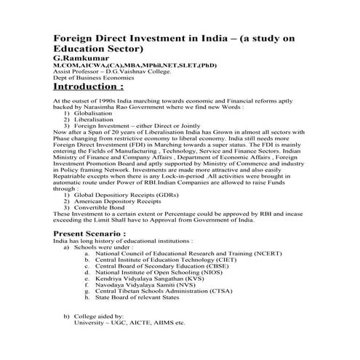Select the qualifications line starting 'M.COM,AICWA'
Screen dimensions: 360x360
click(124, 65)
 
